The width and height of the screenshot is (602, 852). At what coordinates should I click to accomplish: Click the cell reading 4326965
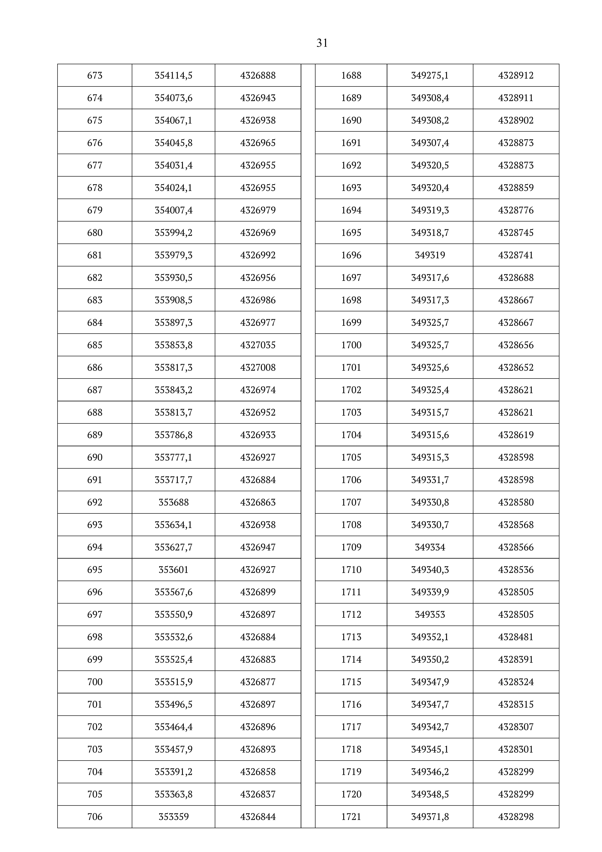[x=258, y=143]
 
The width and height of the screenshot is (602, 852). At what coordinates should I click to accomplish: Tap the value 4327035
[x=258, y=345]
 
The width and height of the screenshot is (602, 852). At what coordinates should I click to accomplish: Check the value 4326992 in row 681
[x=258, y=255]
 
